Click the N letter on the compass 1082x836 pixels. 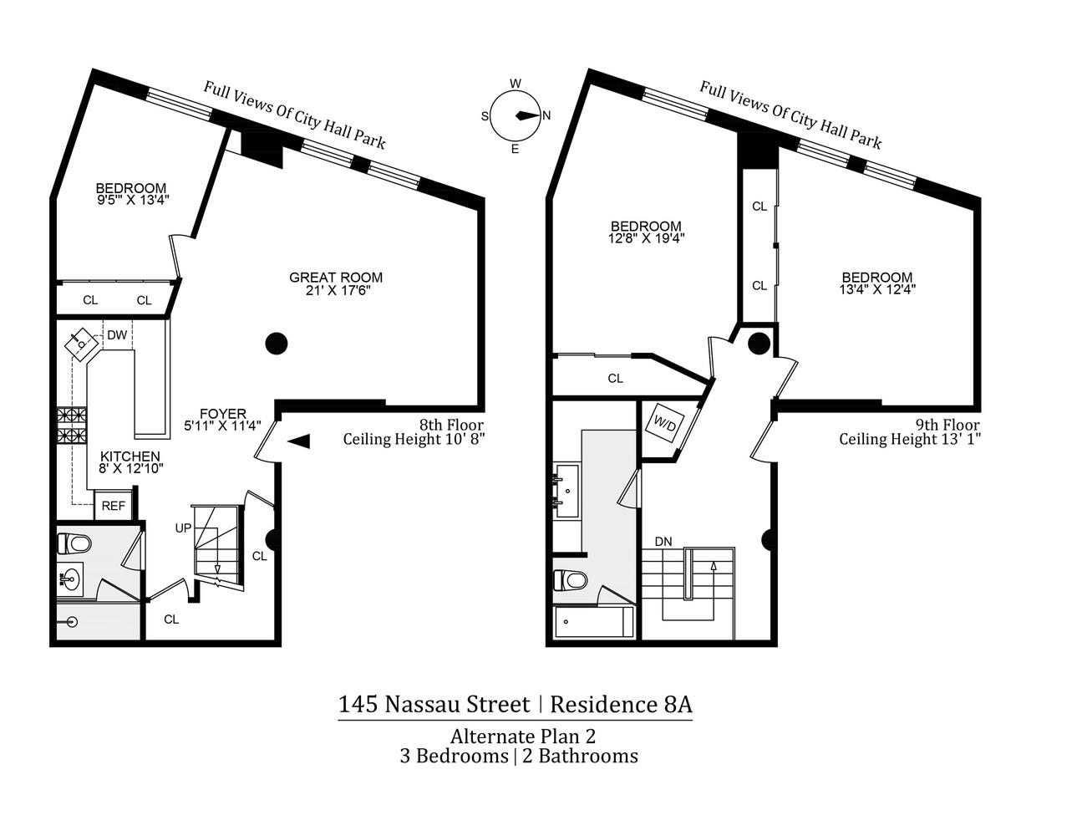(546, 116)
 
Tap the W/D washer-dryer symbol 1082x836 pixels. (665, 426)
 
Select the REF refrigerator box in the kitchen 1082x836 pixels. (113, 506)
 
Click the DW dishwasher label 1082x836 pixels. (117, 334)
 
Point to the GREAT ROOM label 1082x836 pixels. (336, 277)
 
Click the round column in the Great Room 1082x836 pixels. (277, 344)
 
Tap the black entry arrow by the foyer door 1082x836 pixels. (299, 441)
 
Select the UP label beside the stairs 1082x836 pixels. (183, 528)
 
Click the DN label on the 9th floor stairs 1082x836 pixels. (663, 542)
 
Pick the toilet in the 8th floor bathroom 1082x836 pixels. (74, 543)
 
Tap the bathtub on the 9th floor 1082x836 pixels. (593, 621)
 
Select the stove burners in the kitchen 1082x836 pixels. (72, 426)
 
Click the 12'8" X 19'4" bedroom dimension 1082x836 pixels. (647, 238)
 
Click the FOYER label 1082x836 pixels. (223, 414)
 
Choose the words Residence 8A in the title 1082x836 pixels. (621, 705)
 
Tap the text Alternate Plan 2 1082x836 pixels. (523, 737)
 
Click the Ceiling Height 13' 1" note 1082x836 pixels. (910, 440)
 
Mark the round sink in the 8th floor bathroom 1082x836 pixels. (69, 579)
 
